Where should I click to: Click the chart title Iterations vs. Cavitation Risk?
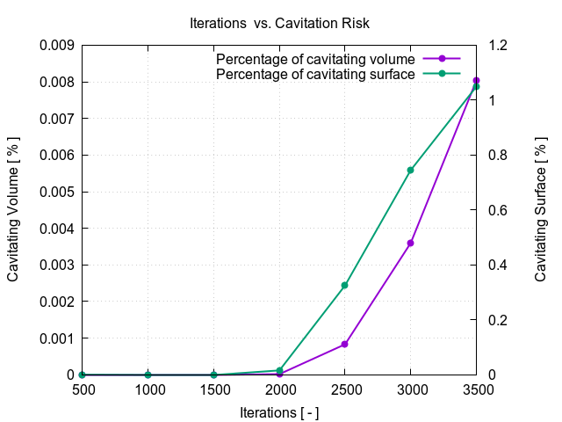pos(280,21)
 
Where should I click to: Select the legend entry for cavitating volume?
pos(315,58)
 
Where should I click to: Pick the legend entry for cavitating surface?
pos(315,74)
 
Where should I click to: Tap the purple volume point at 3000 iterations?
pos(410,243)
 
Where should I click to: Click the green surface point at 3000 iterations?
pos(410,170)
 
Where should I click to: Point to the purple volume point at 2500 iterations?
pos(345,344)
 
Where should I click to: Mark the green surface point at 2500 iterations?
pos(345,285)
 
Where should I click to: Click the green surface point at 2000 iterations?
pos(279,371)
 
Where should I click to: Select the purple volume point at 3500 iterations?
pos(476,80)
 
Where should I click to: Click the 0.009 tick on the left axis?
pos(58,45)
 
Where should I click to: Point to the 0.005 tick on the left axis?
pos(58,192)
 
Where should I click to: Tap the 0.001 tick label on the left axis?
pos(58,338)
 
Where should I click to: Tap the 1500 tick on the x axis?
pos(213,389)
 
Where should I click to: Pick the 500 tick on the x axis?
pos(82,389)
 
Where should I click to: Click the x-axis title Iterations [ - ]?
pos(279,411)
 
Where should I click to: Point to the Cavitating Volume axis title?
pos(14,209)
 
